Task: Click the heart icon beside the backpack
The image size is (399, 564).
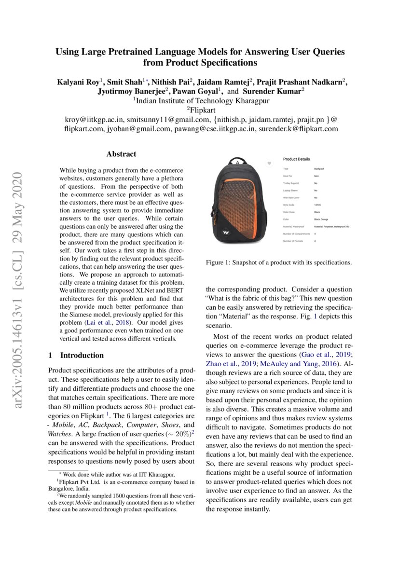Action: coord(269,164)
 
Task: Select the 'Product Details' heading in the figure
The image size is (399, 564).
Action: coord(296,159)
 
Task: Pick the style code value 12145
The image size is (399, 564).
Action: coord(317,205)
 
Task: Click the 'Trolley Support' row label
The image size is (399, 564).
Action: coord(292,183)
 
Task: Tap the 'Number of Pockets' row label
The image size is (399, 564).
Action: coord(295,240)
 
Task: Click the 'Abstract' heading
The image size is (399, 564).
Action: coord(121,154)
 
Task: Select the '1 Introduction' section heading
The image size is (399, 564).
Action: coord(76,356)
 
